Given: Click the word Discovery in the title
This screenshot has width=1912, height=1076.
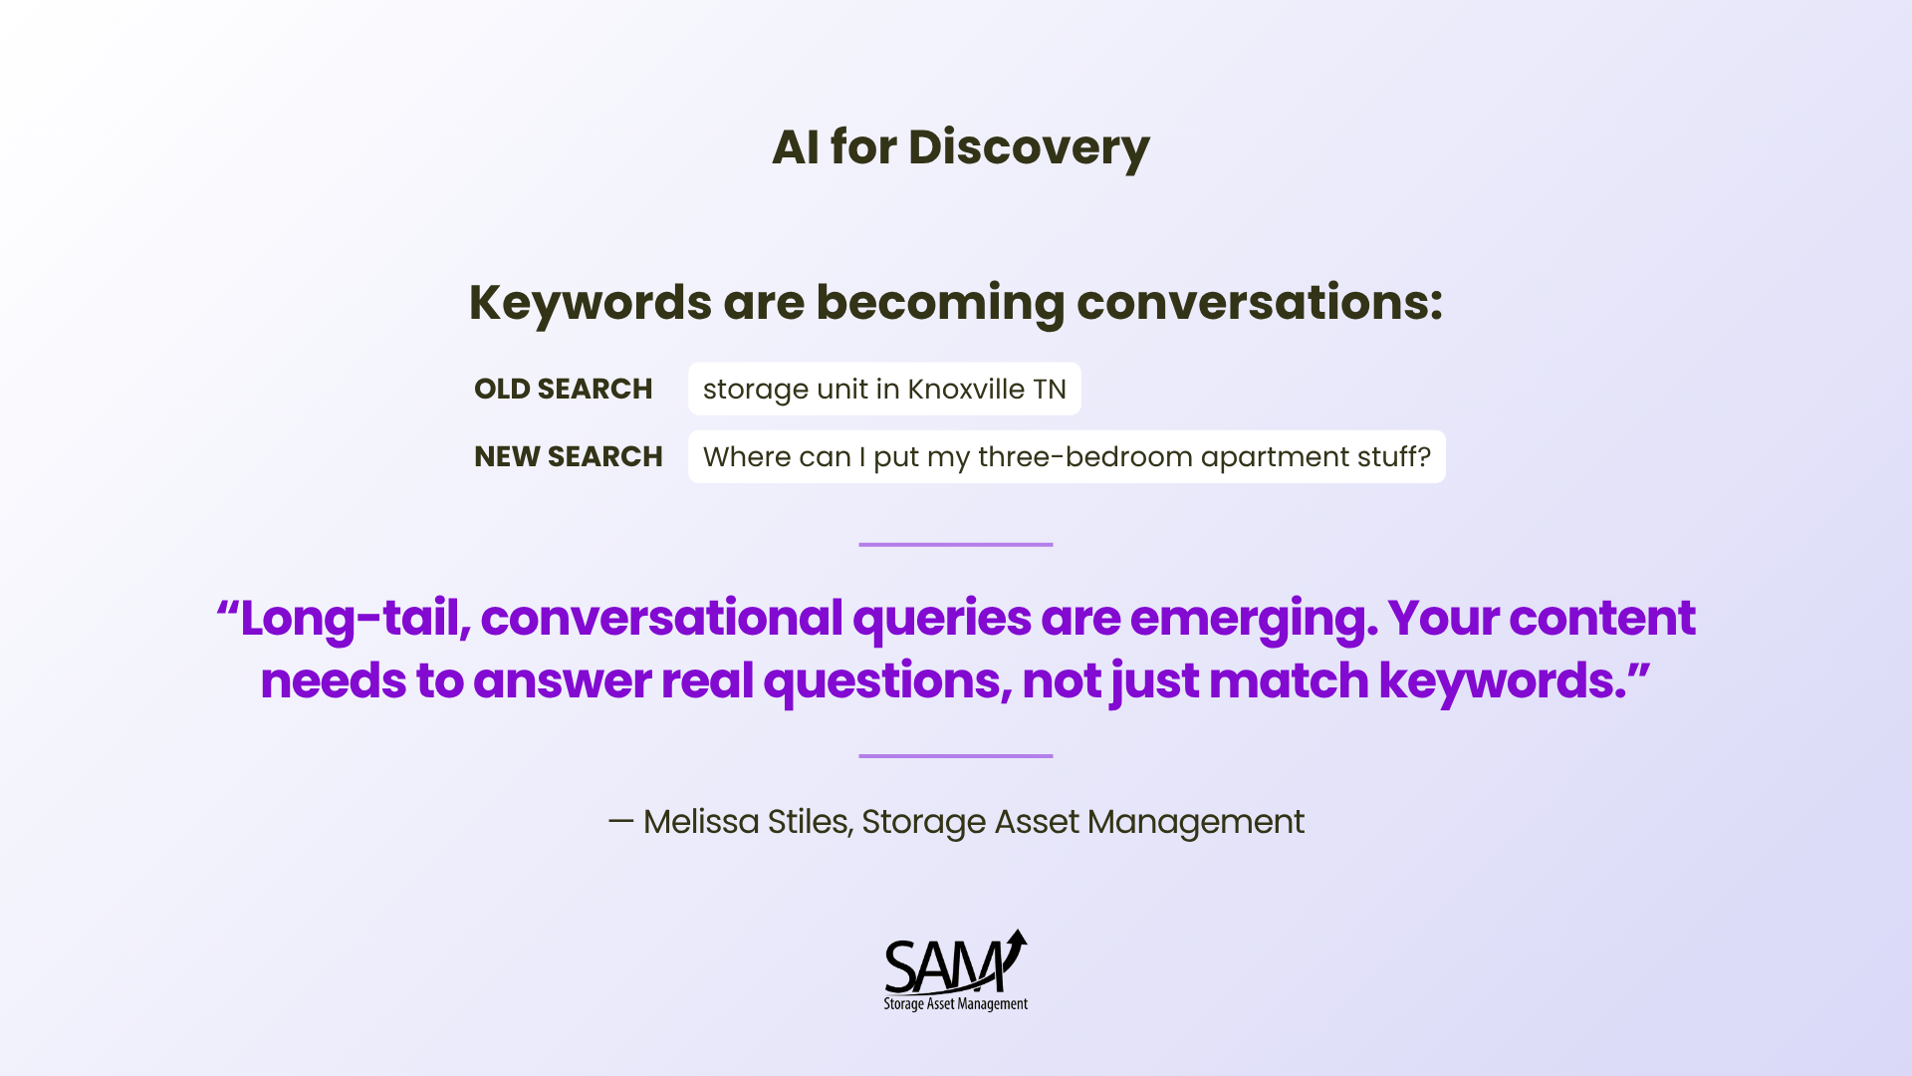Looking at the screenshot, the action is pyautogui.click(x=1029, y=148).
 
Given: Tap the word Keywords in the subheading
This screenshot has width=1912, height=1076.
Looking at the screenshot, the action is pyautogui.click(x=591, y=303).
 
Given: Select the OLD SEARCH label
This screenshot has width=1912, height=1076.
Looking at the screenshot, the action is pyautogui.click(x=564, y=389).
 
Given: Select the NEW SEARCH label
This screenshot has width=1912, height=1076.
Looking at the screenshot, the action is pyautogui.click(x=569, y=456).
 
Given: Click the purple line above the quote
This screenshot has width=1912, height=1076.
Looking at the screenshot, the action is pyautogui.click(x=956, y=545).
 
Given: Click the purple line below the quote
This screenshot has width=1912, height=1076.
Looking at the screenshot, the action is pyautogui.click(x=956, y=756).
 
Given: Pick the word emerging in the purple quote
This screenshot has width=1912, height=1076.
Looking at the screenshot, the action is pyautogui.click(x=1255, y=620).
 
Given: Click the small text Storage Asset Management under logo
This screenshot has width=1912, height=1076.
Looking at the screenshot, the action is pyautogui.click(x=956, y=1004).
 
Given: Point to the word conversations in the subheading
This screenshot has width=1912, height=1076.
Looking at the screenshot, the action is pyautogui.click(x=1260, y=303).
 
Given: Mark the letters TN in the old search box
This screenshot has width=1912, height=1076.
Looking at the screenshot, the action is pyautogui.click(x=1050, y=389).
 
